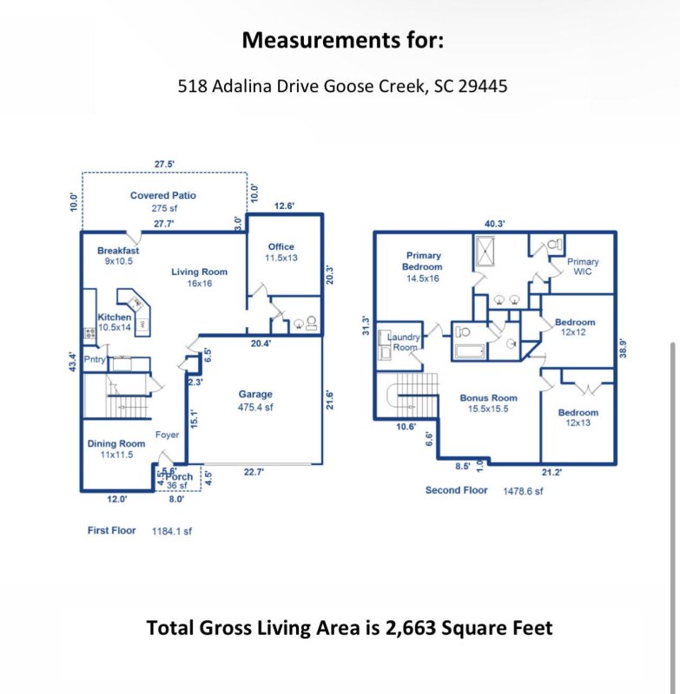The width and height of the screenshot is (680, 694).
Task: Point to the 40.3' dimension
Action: (x=495, y=224)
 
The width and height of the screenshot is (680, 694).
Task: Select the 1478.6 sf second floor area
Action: (x=523, y=491)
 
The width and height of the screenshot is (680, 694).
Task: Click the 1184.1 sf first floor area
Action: (x=172, y=530)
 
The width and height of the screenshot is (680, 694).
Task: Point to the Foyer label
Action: (x=167, y=435)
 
